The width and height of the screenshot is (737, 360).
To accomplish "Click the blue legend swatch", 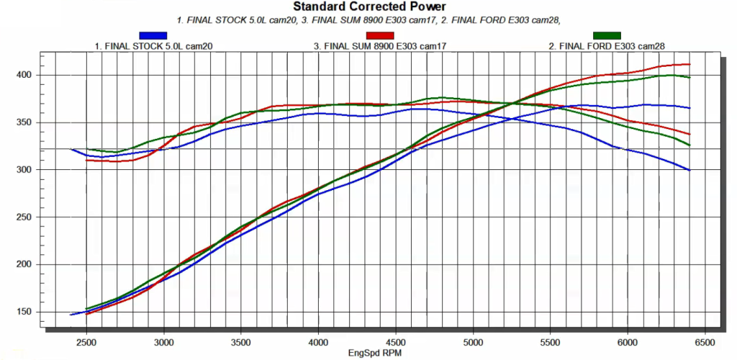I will (x=153, y=35).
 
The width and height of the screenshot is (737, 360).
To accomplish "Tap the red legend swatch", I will (x=380, y=35).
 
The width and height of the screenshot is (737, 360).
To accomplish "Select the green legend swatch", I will (x=607, y=35).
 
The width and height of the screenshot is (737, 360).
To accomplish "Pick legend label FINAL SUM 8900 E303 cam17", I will (x=380, y=45).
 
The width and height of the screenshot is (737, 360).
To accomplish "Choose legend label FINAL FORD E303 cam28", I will (x=607, y=45).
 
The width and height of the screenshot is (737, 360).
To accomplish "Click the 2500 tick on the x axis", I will (x=86, y=343).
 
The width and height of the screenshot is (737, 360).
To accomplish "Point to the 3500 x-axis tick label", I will (x=241, y=343).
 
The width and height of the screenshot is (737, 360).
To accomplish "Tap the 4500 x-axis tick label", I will (x=396, y=343).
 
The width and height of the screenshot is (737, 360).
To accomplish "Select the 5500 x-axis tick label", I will (x=551, y=343).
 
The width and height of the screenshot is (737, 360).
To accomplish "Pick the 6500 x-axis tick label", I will (x=705, y=343).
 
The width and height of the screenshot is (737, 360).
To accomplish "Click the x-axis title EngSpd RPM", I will (x=375, y=354).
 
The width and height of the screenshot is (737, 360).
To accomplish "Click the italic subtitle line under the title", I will (x=368, y=20).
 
